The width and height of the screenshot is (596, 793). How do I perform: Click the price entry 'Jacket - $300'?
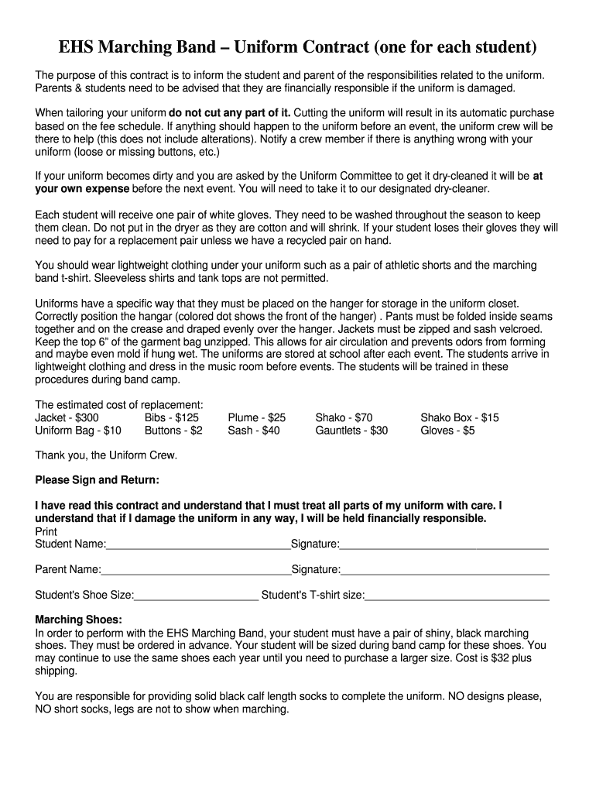click(67, 417)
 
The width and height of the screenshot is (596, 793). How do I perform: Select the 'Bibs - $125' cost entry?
click(172, 417)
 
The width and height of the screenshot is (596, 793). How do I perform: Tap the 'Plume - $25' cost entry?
click(256, 417)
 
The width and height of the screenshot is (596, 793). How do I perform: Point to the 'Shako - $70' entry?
click(344, 417)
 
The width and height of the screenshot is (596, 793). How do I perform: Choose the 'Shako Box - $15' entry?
click(459, 417)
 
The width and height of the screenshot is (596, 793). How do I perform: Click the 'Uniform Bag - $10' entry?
click(78, 431)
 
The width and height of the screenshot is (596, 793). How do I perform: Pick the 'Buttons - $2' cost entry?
click(173, 431)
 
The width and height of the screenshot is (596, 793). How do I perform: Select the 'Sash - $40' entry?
click(254, 431)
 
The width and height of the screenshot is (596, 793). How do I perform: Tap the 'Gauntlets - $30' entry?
click(351, 431)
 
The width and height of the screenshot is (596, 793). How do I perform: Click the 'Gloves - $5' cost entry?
click(447, 431)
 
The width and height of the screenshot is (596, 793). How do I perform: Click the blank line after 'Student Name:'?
click(198, 546)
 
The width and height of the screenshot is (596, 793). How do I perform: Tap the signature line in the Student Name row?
click(444, 546)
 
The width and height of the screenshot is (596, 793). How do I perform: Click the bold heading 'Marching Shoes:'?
click(79, 620)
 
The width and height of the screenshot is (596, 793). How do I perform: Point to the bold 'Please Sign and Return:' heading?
click(98, 480)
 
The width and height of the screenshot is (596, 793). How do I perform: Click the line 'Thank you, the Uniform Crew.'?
click(106, 455)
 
